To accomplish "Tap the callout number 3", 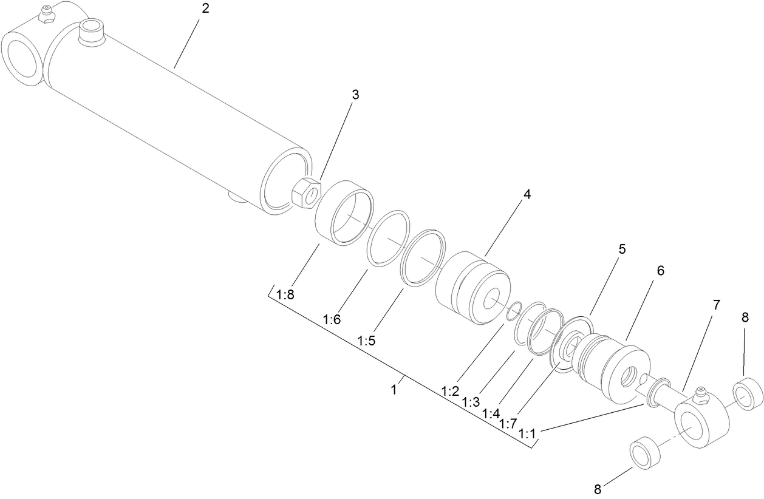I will pyautogui.click(x=355, y=95).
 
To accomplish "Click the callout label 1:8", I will pyautogui.click(x=285, y=296).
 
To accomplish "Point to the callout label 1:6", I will pyautogui.click(x=332, y=319).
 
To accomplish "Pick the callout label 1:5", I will pyautogui.click(x=366, y=341).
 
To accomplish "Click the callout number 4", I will pyautogui.click(x=527, y=194).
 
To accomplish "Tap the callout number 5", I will pyautogui.click(x=622, y=249).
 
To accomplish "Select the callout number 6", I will pyautogui.click(x=660, y=271).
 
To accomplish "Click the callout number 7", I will pyautogui.click(x=716, y=305).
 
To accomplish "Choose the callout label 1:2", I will pyautogui.click(x=450, y=391).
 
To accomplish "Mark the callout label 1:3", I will pyautogui.click(x=471, y=402).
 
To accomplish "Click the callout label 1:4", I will pyautogui.click(x=491, y=413).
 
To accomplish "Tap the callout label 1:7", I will pyautogui.click(x=508, y=424).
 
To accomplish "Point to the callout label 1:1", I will pyautogui.click(x=528, y=435).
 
